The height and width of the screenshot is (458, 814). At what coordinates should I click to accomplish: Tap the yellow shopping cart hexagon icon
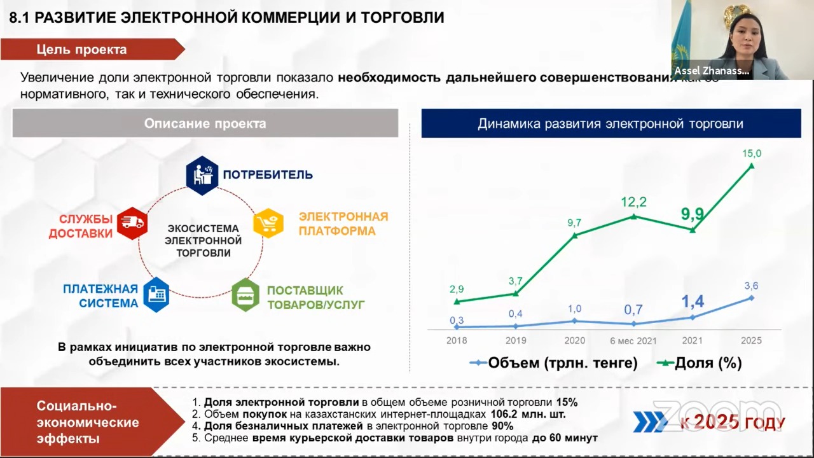click(268, 223)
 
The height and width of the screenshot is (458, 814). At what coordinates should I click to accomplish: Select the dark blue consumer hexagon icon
click(202, 174)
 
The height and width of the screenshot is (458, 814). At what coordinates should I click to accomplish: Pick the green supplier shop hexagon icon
click(245, 295)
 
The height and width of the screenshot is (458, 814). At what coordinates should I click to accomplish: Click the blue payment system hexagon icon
click(156, 295)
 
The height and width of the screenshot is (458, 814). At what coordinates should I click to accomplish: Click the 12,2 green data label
click(633, 202)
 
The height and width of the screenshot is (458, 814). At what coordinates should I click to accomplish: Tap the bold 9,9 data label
click(692, 214)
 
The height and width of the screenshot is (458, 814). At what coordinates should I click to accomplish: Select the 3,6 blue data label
click(751, 286)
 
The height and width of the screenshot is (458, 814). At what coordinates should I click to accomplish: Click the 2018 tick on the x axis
click(457, 340)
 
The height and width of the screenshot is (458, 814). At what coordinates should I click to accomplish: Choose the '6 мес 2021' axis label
click(633, 340)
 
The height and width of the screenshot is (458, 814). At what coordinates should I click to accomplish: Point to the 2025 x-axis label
click(751, 340)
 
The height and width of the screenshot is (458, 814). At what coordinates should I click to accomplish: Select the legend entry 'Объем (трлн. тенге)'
click(554, 363)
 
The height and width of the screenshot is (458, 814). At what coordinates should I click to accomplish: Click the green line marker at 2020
click(575, 235)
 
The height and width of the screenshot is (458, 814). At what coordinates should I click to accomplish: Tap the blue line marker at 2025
click(751, 298)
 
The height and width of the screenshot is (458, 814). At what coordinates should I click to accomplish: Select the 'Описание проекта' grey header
click(205, 123)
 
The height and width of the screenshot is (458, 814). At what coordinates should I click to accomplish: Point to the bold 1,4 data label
click(693, 302)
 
